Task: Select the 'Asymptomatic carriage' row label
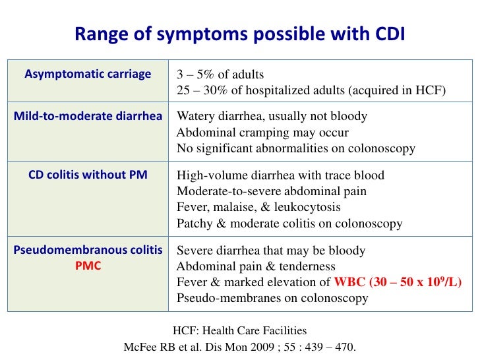coord(88,74)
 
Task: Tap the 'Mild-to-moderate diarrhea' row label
coord(88,117)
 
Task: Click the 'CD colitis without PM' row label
coord(88,175)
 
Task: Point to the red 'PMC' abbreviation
coord(88,266)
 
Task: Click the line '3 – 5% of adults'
coord(220,74)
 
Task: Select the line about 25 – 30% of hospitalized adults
coord(311,90)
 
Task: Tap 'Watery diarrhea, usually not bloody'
coord(272,117)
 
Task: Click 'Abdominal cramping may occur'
coord(262,133)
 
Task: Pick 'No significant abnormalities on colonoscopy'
coord(295,148)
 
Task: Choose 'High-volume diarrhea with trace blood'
coord(280,175)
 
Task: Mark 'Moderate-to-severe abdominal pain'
coord(272,191)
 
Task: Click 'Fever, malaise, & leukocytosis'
coord(258,207)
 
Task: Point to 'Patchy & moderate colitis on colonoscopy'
coord(289,224)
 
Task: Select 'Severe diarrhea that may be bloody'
coord(271,251)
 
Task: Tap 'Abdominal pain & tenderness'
coord(256,266)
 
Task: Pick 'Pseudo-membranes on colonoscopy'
coord(272,298)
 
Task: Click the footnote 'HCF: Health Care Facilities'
coord(239,331)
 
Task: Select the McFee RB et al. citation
coord(239,347)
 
